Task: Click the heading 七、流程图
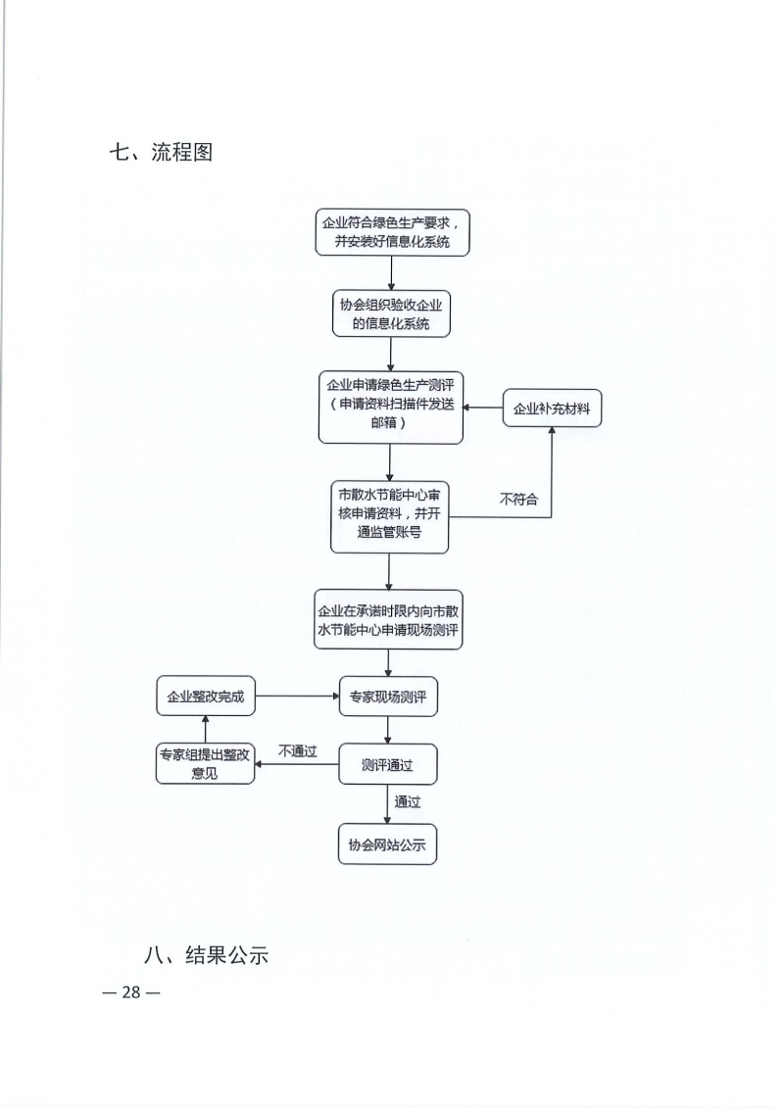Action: click(161, 152)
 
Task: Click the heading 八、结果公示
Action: click(206, 955)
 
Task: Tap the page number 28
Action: click(131, 992)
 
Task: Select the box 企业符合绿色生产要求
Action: click(392, 232)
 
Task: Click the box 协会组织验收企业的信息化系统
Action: click(391, 313)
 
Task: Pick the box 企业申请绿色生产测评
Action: click(390, 407)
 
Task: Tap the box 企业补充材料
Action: click(552, 409)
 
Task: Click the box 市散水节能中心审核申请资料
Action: click(389, 516)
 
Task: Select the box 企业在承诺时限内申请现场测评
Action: click(388, 620)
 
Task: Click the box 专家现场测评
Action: click(388, 697)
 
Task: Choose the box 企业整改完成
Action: click(206, 696)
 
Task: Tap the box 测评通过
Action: click(387, 764)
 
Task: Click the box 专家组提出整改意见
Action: click(205, 764)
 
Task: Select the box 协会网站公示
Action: click(387, 843)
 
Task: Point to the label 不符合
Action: click(518, 500)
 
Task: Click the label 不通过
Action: click(297, 751)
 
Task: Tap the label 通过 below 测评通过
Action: click(408, 802)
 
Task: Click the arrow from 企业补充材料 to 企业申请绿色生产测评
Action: click(483, 408)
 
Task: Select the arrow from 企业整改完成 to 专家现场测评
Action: click(298, 696)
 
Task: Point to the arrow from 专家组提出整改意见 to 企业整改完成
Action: click(205, 730)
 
